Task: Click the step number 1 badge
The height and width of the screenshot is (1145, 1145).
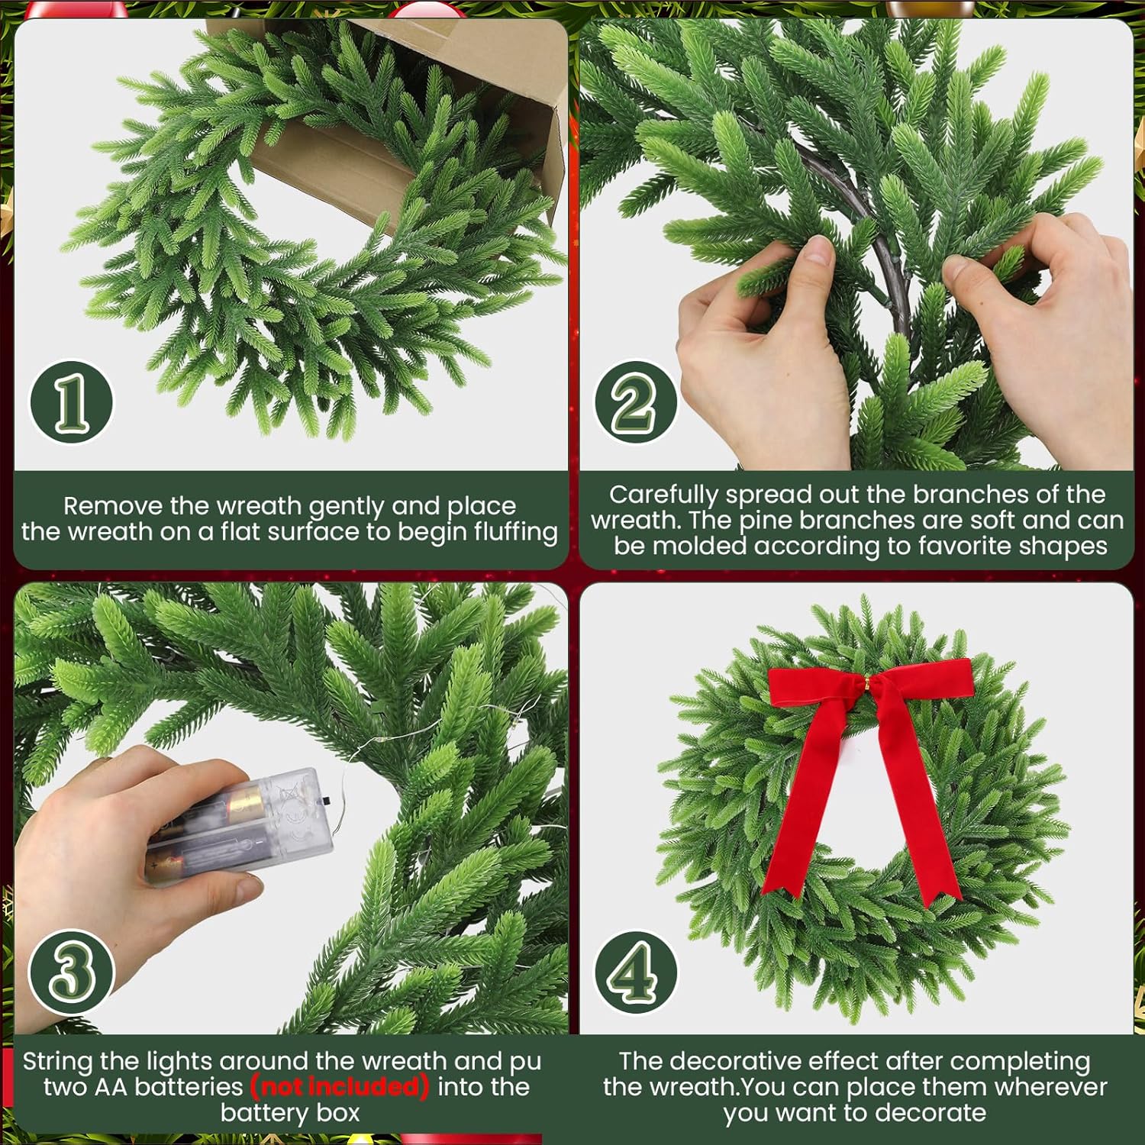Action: pos(71,402)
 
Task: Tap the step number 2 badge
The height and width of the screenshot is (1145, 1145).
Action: pos(635,402)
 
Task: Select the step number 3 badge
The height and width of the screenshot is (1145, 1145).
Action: pos(71,972)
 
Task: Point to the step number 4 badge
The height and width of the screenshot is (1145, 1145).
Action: pos(635,972)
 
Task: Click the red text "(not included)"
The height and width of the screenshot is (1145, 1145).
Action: pos(340,1086)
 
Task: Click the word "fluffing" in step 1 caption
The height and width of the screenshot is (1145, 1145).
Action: pos(515,532)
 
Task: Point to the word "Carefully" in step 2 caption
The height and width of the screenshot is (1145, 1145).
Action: pos(663,495)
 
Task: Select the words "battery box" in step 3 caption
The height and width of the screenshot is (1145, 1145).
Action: pos(290,1113)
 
